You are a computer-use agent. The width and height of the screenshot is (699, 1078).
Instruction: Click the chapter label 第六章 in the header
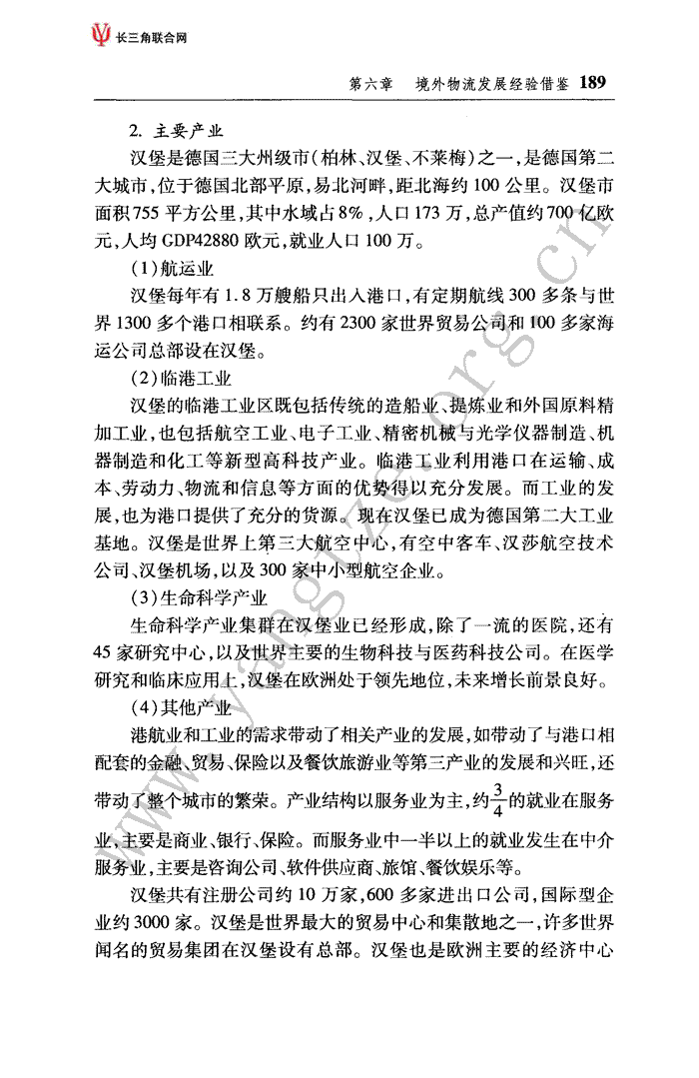coord(370,84)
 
